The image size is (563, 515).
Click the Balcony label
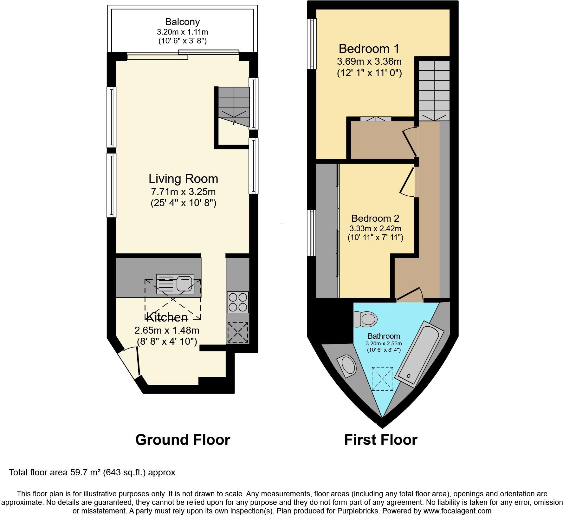(x=182, y=22)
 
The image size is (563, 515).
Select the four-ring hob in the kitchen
(x=238, y=302)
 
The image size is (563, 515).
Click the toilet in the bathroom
(x=366, y=319)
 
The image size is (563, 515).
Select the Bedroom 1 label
(x=369, y=49)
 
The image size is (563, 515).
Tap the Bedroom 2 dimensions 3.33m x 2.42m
(x=375, y=228)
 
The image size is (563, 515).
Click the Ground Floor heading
(x=183, y=440)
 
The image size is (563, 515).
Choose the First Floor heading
(x=380, y=440)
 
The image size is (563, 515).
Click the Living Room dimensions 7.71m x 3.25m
(x=183, y=192)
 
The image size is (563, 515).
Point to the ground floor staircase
(x=234, y=106)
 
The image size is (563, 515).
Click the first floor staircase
(x=434, y=90)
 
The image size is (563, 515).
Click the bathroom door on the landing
(x=410, y=294)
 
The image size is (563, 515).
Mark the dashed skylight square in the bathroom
(x=383, y=379)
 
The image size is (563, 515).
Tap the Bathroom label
(x=384, y=336)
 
